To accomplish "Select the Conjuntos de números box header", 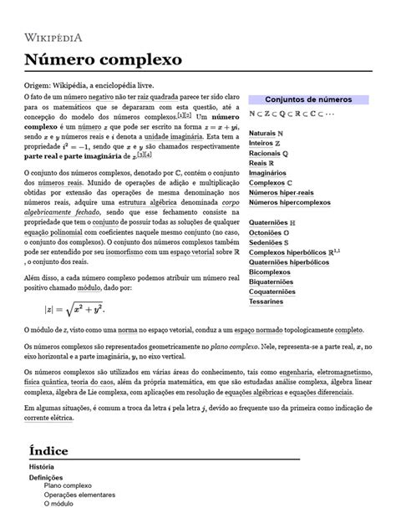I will point(307,99).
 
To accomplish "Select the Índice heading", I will point(54,451).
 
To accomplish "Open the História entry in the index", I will point(42,466).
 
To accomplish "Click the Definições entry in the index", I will point(46,477).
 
